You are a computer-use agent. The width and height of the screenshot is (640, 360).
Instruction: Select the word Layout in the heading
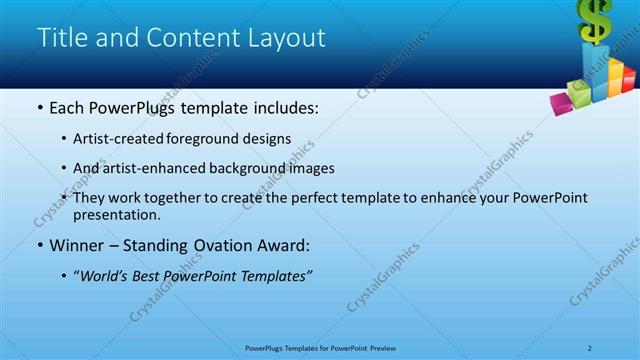pos(289,38)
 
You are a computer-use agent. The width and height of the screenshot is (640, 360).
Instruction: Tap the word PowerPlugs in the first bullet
pos(140,107)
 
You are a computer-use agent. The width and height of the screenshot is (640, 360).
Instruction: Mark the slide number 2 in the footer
pos(590,348)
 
